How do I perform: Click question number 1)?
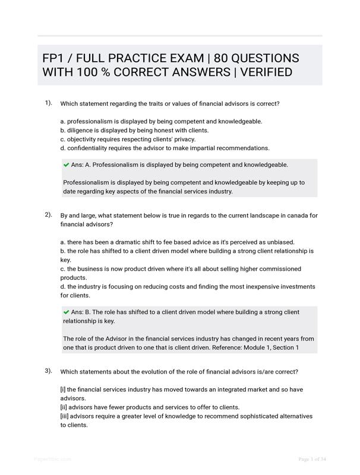click(x=48, y=103)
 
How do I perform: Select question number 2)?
click(x=48, y=214)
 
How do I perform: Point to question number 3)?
click(x=48, y=370)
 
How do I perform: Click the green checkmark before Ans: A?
click(x=67, y=164)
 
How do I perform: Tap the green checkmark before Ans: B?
click(x=67, y=312)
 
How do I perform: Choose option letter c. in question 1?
click(x=63, y=139)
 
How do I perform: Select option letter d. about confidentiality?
click(x=63, y=148)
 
